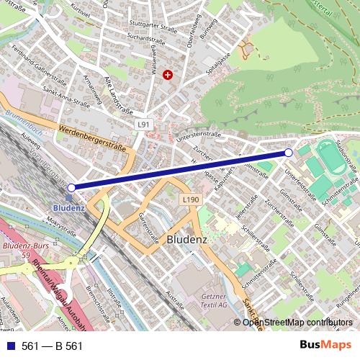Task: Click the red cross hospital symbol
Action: [x=168, y=74]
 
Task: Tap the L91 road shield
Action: [x=143, y=125]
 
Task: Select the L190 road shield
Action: [x=190, y=200]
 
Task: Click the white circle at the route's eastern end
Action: [x=289, y=153]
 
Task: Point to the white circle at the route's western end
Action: [x=71, y=187]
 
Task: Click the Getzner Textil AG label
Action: [x=215, y=300]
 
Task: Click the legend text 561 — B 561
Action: [x=52, y=346]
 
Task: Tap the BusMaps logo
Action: [x=320, y=346]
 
